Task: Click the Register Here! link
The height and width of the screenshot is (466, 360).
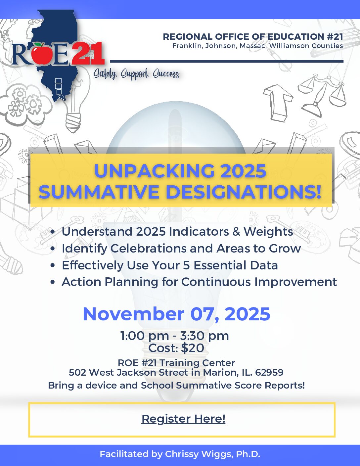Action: coord(183,419)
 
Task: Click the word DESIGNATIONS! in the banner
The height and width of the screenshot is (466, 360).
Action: coord(244,192)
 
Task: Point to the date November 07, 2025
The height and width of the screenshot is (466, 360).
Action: coord(176,314)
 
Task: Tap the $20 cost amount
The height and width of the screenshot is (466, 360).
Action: coord(193,348)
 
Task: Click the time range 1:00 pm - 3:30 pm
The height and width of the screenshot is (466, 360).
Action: coord(174,336)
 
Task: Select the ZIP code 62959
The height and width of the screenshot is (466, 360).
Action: coord(269,372)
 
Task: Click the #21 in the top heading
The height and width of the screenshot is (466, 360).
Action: coord(335,36)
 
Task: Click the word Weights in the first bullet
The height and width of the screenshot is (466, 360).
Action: coord(268,232)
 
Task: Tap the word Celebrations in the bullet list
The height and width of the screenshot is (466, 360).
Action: coord(148,248)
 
